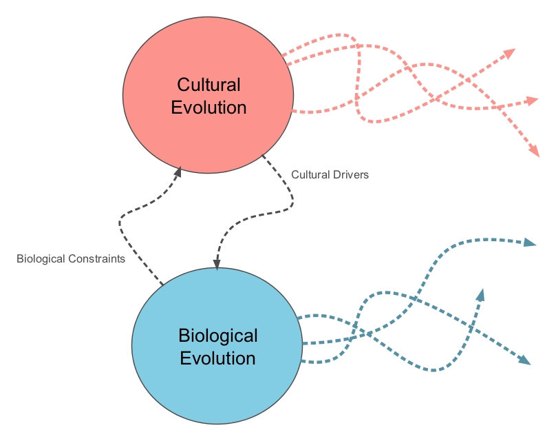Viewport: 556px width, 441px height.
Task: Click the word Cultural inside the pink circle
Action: point(208,85)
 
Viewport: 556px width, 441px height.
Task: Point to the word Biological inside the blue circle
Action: point(217,336)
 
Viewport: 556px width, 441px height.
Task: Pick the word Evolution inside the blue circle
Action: point(217,358)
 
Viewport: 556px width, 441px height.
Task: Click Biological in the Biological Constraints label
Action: point(43,260)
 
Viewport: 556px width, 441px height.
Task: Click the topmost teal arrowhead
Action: point(529,243)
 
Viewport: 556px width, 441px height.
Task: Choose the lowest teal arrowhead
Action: point(525,359)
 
